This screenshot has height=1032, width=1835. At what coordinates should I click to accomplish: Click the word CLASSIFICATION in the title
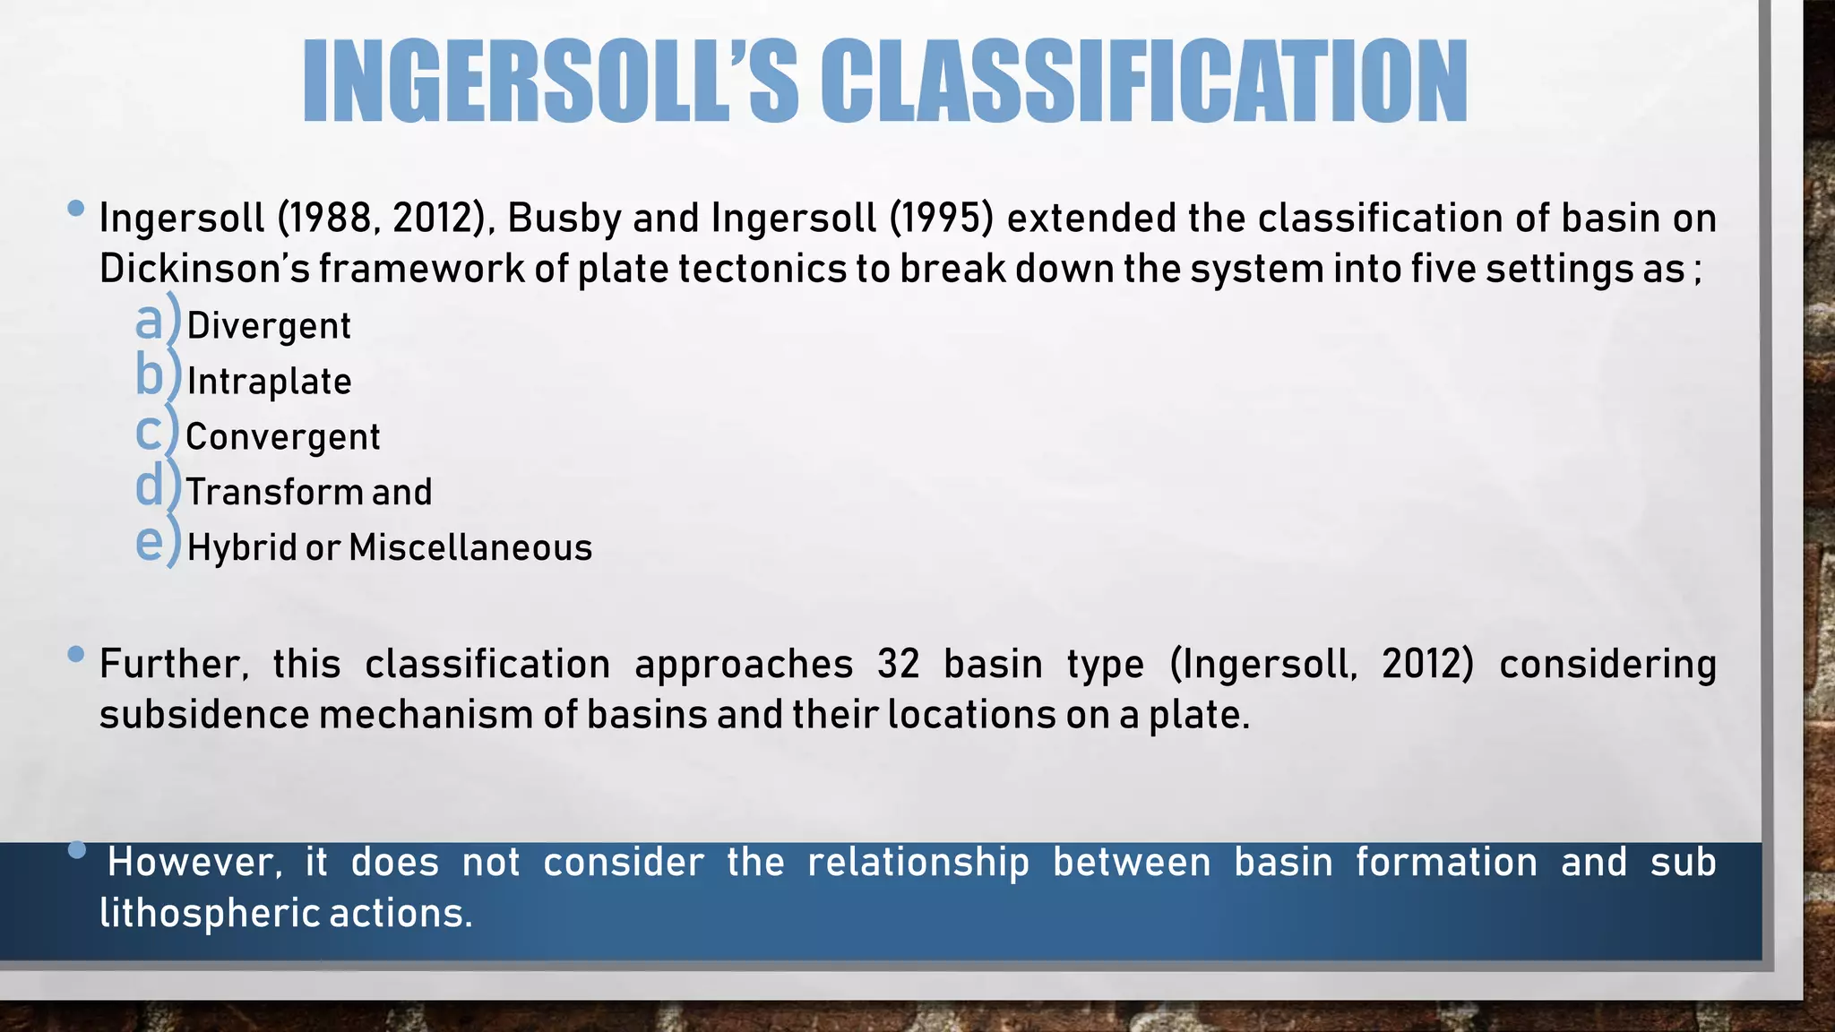(x=1143, y=82)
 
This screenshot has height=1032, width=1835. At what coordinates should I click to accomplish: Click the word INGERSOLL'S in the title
(x=550, y=82)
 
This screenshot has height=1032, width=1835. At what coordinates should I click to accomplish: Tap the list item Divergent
(x=269, y=326)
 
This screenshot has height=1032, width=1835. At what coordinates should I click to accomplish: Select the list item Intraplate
(x=269, y=382)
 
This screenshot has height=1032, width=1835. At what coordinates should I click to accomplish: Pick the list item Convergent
(x=282, y=437)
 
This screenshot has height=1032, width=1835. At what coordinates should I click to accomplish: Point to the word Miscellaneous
(x=470, y=547)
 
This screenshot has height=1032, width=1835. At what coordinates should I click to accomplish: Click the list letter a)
(x=156, y=321)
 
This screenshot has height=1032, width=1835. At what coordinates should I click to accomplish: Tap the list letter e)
(x=156, y=543)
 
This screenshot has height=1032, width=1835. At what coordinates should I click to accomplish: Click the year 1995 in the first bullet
(x=942, y=219)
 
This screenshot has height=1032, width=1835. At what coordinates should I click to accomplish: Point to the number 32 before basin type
(x=898, y=665)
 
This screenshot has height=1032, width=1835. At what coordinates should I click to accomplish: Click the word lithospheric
(x=209, y=914)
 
